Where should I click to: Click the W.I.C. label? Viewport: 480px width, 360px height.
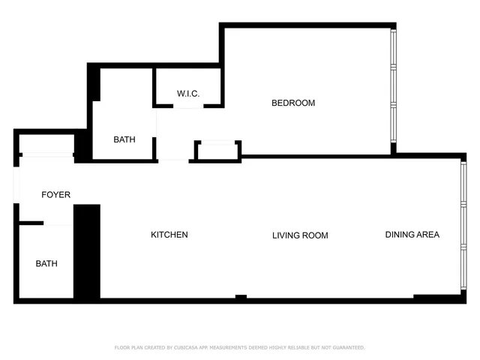point(187,93)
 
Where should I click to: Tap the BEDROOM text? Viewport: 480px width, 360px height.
point(293,103)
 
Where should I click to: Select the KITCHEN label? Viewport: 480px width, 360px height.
point(169,235)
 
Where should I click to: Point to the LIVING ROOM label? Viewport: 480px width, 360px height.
point(300,235)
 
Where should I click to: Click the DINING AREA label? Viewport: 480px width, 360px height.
point(412,235)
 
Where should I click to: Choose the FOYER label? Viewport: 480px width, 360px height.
point(55,195)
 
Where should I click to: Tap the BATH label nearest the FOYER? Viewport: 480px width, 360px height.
point(46,263)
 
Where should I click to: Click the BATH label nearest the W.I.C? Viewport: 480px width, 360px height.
point(124,139)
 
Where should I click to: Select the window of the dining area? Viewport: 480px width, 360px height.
point(463,225)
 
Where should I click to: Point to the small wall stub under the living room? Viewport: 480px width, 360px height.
point(241,298)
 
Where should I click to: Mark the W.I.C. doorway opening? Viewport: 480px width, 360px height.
point(189,106)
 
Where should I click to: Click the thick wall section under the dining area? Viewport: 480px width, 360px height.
point(439,298)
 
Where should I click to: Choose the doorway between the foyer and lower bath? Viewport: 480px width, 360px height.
point(58,223)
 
